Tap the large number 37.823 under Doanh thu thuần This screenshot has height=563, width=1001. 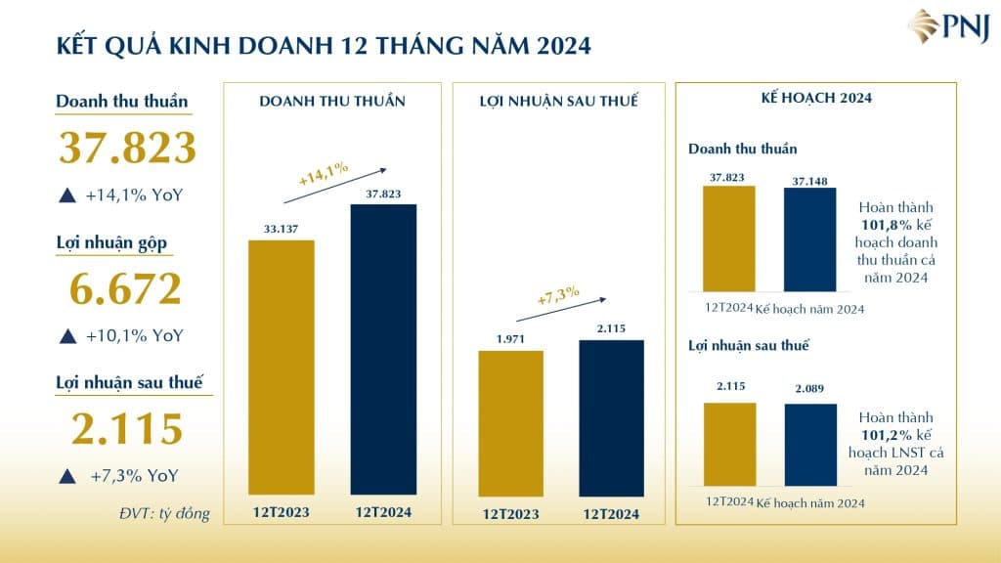click(x=127, y=148)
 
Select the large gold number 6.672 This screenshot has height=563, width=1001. click(x=127, y=288)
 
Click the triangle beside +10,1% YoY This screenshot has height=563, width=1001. click(x=66, y=335)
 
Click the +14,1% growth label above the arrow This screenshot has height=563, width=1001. click(x=323, y=173)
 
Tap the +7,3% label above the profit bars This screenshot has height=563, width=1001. click(x=558, y=295)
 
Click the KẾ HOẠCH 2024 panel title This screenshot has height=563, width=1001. click(x=816, y=99)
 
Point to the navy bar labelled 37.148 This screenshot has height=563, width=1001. click(x=810, y=238)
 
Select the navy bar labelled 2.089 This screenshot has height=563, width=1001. click(x=810, y=445)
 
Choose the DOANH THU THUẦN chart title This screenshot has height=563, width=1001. click(x=332, y=101)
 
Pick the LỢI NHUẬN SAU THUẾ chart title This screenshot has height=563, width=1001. click(x=558, y=101)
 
